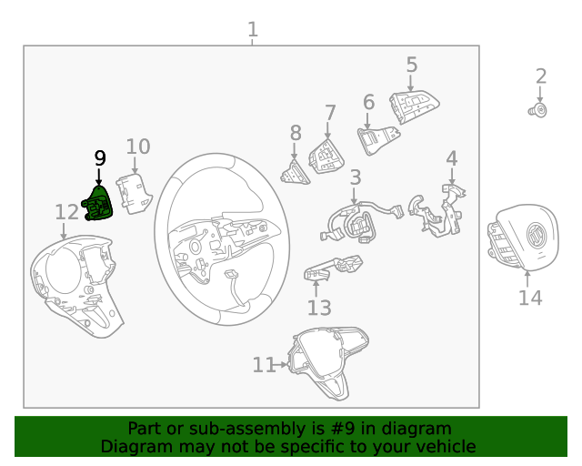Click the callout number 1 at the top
pos(253,29)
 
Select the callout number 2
pos(540,76)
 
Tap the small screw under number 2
pos(538,110)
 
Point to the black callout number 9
pos(100,157)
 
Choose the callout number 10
pos(137,147)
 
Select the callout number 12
pos(66,212)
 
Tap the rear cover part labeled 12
pos(77,282)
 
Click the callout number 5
pos(411,65)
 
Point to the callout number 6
pos(368,102)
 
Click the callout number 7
pos(330,113)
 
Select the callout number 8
pos(295,133)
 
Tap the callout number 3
pos(355,177)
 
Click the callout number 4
pos(451,158)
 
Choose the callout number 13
pos(319,308)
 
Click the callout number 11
pos(263,365)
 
